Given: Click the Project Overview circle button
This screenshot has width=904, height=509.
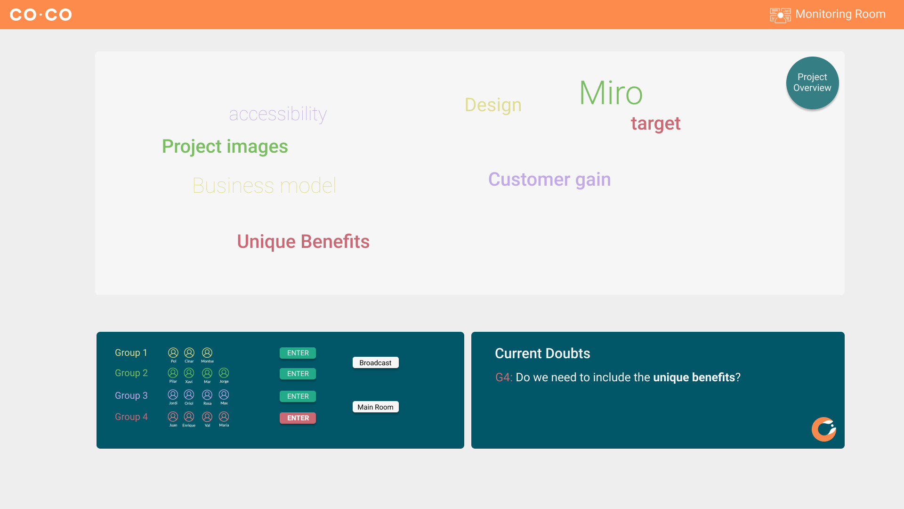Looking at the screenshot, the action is (812, 83).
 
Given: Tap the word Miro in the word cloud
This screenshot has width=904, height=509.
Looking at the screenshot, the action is (611, 93).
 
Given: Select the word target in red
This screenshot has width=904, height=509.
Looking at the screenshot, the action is (655, 123).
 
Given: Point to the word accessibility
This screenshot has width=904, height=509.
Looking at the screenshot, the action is (278, 114).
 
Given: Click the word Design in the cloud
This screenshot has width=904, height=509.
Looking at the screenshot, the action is (493, 105).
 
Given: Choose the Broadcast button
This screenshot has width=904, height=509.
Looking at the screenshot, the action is (375, 362).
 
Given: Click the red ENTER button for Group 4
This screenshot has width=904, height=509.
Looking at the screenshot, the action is (298, 418).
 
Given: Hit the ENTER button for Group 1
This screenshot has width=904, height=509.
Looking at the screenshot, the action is (298, 353).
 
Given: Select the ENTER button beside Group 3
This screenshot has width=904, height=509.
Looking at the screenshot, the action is (298, 396).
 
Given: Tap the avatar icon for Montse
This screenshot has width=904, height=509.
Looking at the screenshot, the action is (207, 353).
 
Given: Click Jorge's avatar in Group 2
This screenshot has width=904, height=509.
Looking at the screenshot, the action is (224, 373).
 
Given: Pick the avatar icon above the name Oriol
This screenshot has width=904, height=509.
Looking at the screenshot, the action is (189, 394).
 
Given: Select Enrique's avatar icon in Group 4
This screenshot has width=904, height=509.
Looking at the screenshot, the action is (189, 417).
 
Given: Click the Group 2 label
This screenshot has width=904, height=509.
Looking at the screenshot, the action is (131, 373).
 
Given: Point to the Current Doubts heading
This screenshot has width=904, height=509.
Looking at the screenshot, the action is (542, 353).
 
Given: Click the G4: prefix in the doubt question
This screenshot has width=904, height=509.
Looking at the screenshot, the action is (504, 378).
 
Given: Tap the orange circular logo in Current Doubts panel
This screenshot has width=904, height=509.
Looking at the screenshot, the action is (824, 429).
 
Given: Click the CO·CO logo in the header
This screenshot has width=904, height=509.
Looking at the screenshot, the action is (41, 15).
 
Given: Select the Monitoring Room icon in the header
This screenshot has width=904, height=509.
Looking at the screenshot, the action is (780, 15).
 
